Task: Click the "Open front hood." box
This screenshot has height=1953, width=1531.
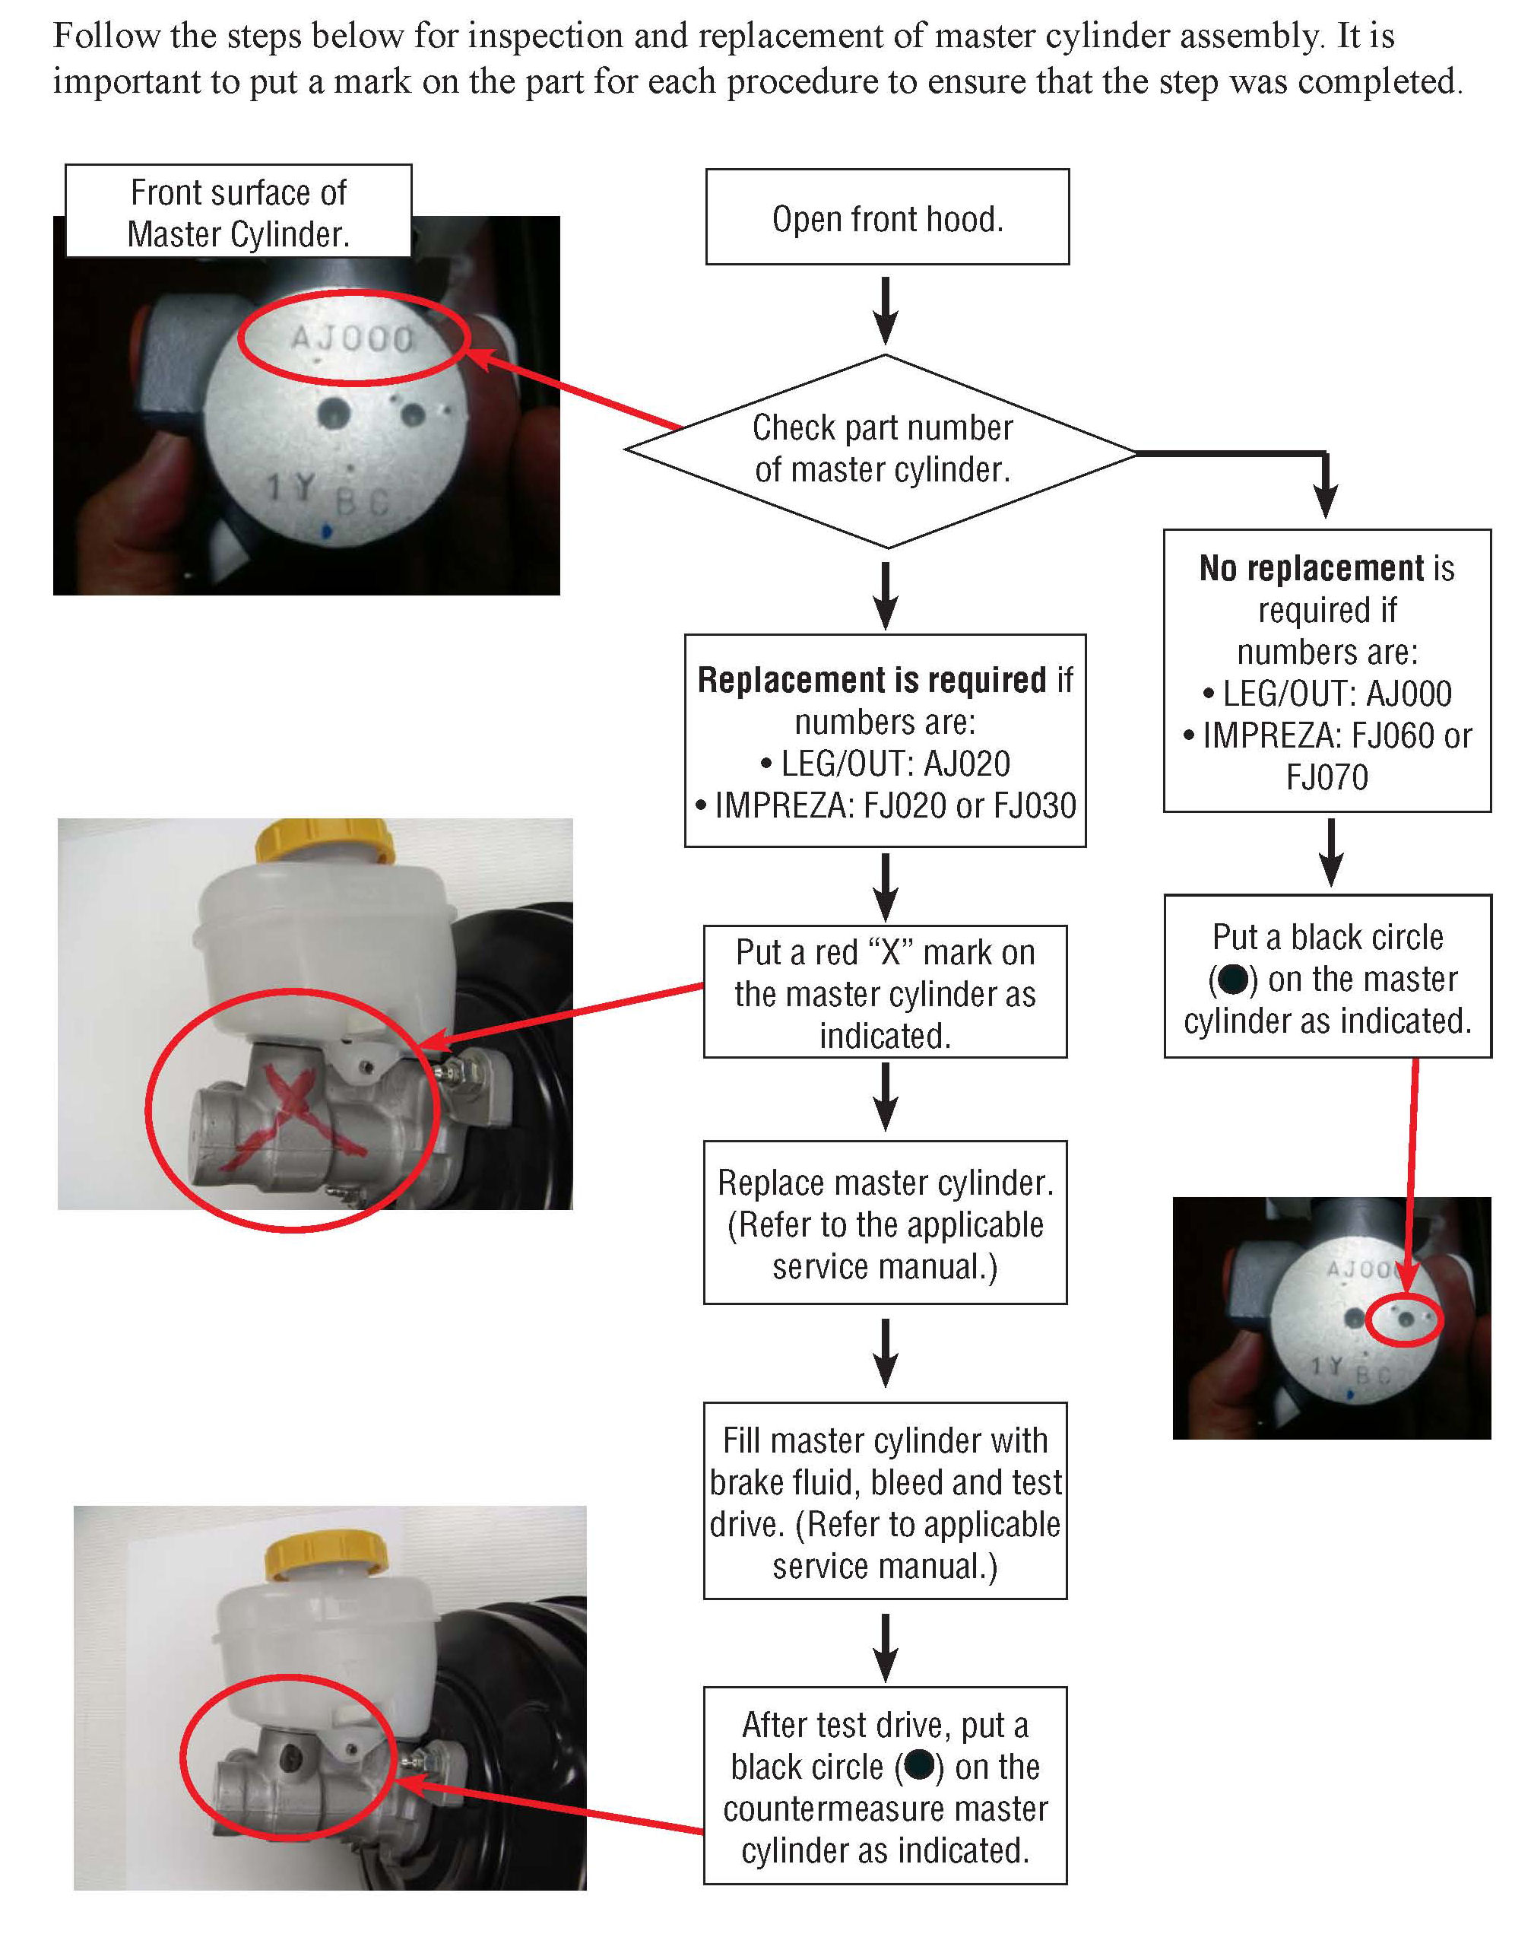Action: click(x=886, y=217)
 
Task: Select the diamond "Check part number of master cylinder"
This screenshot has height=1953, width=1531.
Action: click(x=882, y=449)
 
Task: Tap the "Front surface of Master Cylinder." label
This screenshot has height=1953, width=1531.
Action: click(x=239, y=212)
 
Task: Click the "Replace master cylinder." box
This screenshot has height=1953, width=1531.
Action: click(x=885, y=1222)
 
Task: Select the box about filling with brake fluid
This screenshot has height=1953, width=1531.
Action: click(x=885, y=1502)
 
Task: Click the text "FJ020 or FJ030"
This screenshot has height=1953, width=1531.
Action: click(x=969, y=805)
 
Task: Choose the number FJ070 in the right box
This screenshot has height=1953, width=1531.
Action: click(x=1327, y=776)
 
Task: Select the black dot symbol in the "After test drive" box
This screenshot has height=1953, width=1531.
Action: click(x=920, y=1766)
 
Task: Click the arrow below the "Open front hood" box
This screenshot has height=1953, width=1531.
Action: click(x=886, y=310)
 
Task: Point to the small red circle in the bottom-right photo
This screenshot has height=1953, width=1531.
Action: click(x=1406, y=1320)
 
